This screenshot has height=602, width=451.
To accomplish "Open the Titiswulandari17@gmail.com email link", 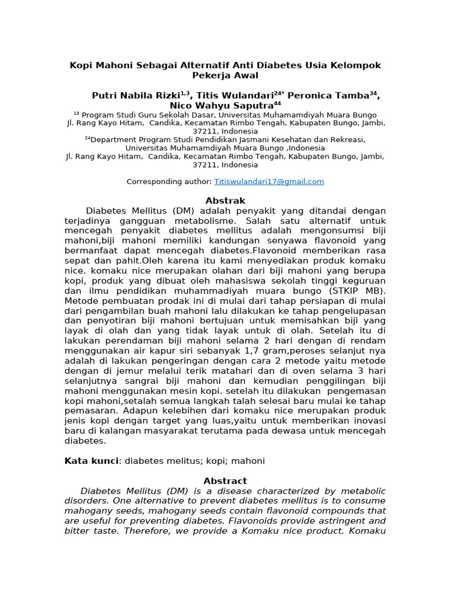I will tap(269, 182).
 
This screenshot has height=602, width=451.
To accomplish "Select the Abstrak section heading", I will tap(225, 200).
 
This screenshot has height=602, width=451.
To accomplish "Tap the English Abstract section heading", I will tap(225, 480).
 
